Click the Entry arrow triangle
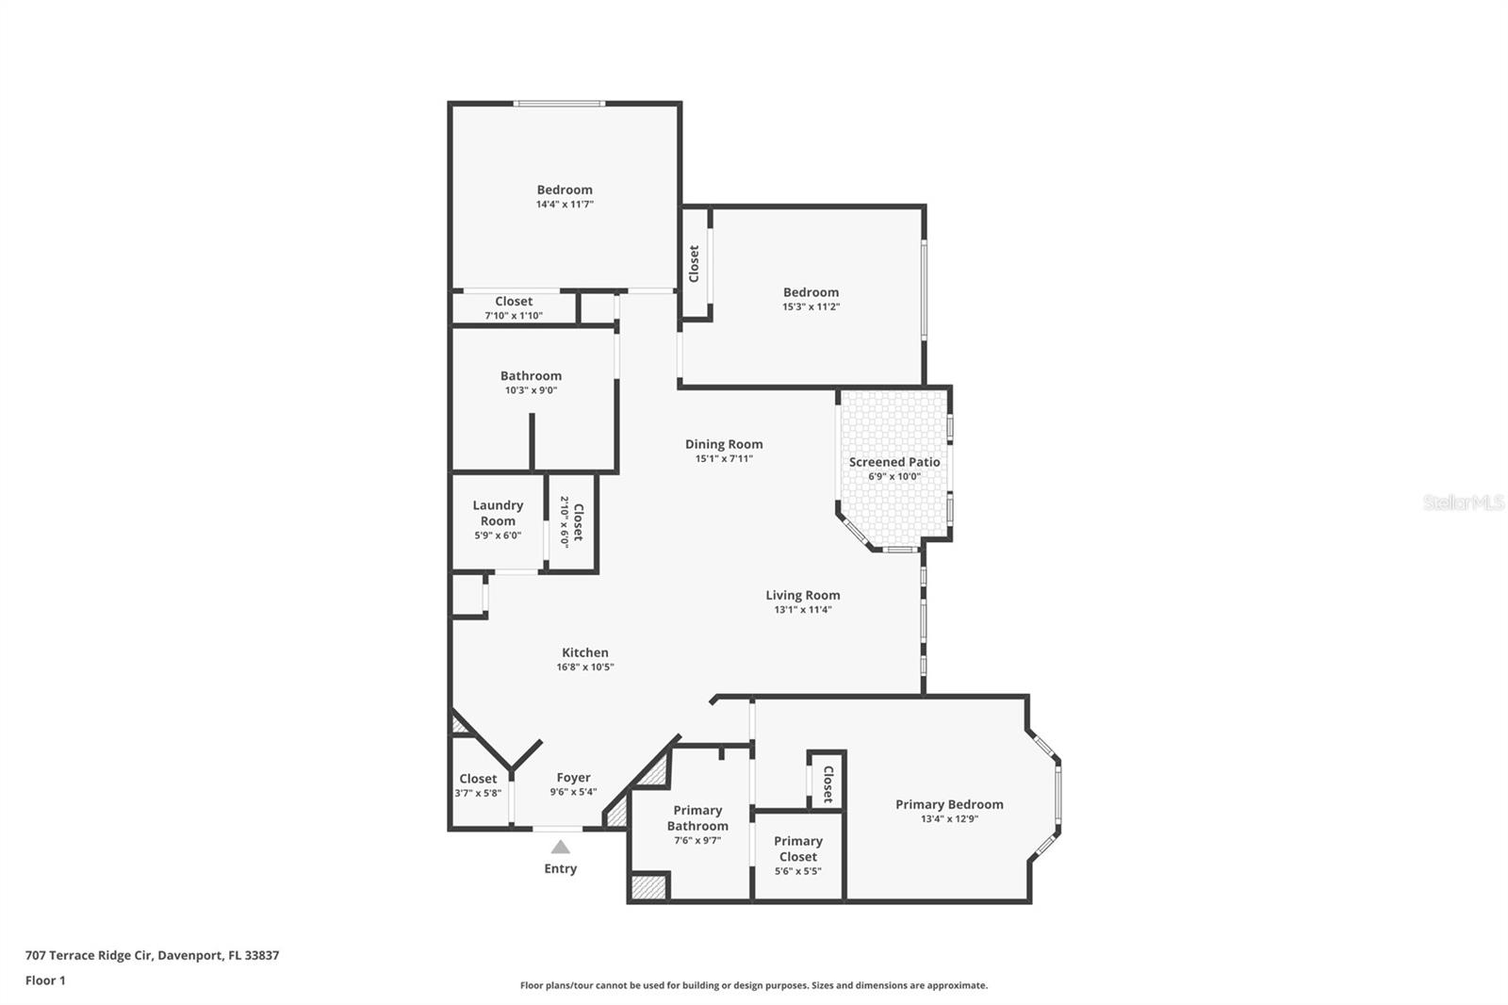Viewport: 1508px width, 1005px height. click(560, 847)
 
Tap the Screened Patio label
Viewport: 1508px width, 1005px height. click(893, 462)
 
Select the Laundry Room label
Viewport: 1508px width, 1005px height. click(498, 513)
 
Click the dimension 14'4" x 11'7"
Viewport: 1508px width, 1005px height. click(565, 205)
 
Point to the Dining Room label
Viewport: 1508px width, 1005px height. click(724, 444)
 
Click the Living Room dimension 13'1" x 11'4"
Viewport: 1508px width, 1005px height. click(802, 610)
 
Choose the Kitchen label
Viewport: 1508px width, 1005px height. click(584, 652)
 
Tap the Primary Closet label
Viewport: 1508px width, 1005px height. click(797, 848)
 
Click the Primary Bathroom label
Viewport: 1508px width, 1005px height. click(697, 817)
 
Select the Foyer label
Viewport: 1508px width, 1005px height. click(573, 778)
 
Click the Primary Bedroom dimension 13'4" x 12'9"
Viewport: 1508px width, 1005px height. click(949, 819)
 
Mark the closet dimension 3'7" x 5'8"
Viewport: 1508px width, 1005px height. click(478, 794)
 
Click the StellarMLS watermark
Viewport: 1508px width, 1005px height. click(1463, 502)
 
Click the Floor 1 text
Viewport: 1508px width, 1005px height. click(45, 980)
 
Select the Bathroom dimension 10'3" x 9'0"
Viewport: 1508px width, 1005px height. click(531, 390)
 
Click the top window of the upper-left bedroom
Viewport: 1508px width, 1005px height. click(558, 104)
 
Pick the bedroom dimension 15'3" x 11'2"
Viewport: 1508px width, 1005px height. click(811, 307)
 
